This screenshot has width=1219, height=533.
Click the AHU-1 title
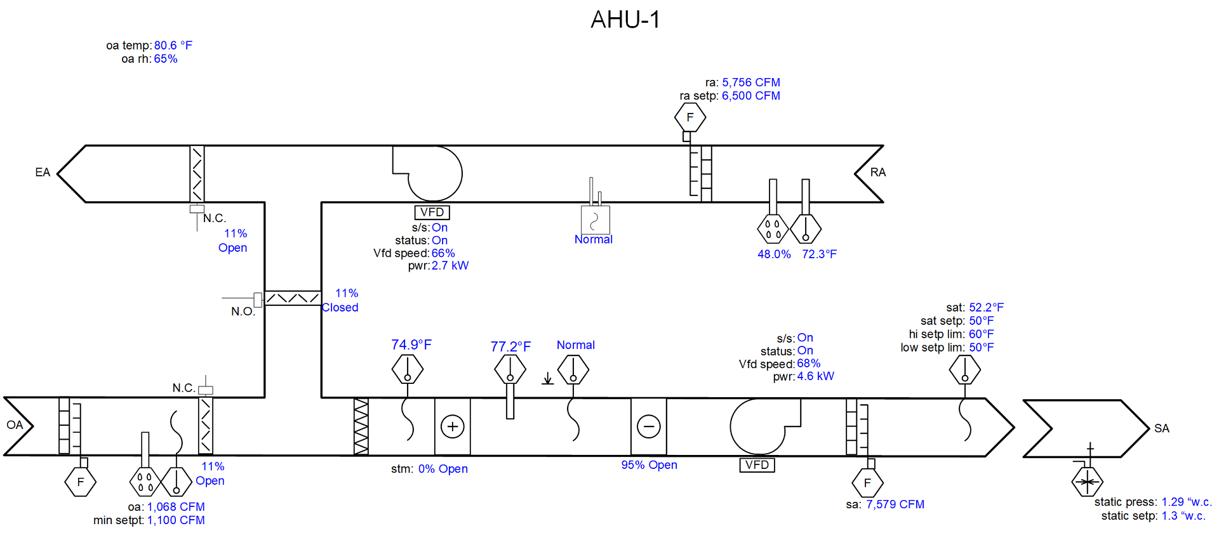(x=625, y=20)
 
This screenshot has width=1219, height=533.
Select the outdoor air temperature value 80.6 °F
(x=173, y=46)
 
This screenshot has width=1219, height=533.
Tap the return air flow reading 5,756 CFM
(x=751, y=82)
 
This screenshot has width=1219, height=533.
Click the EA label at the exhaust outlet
(x=43, y=173)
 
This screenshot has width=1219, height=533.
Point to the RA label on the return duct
(x=878, y=173)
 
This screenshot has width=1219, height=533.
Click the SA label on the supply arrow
(x=1162, y=428)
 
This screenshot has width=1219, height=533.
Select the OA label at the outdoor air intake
(x=15, y=425)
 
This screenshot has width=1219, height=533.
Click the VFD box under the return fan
(x=432, y=213)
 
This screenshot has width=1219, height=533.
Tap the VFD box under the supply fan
(x=757, y=465)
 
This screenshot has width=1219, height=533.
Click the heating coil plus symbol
(x=453, y=426)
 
